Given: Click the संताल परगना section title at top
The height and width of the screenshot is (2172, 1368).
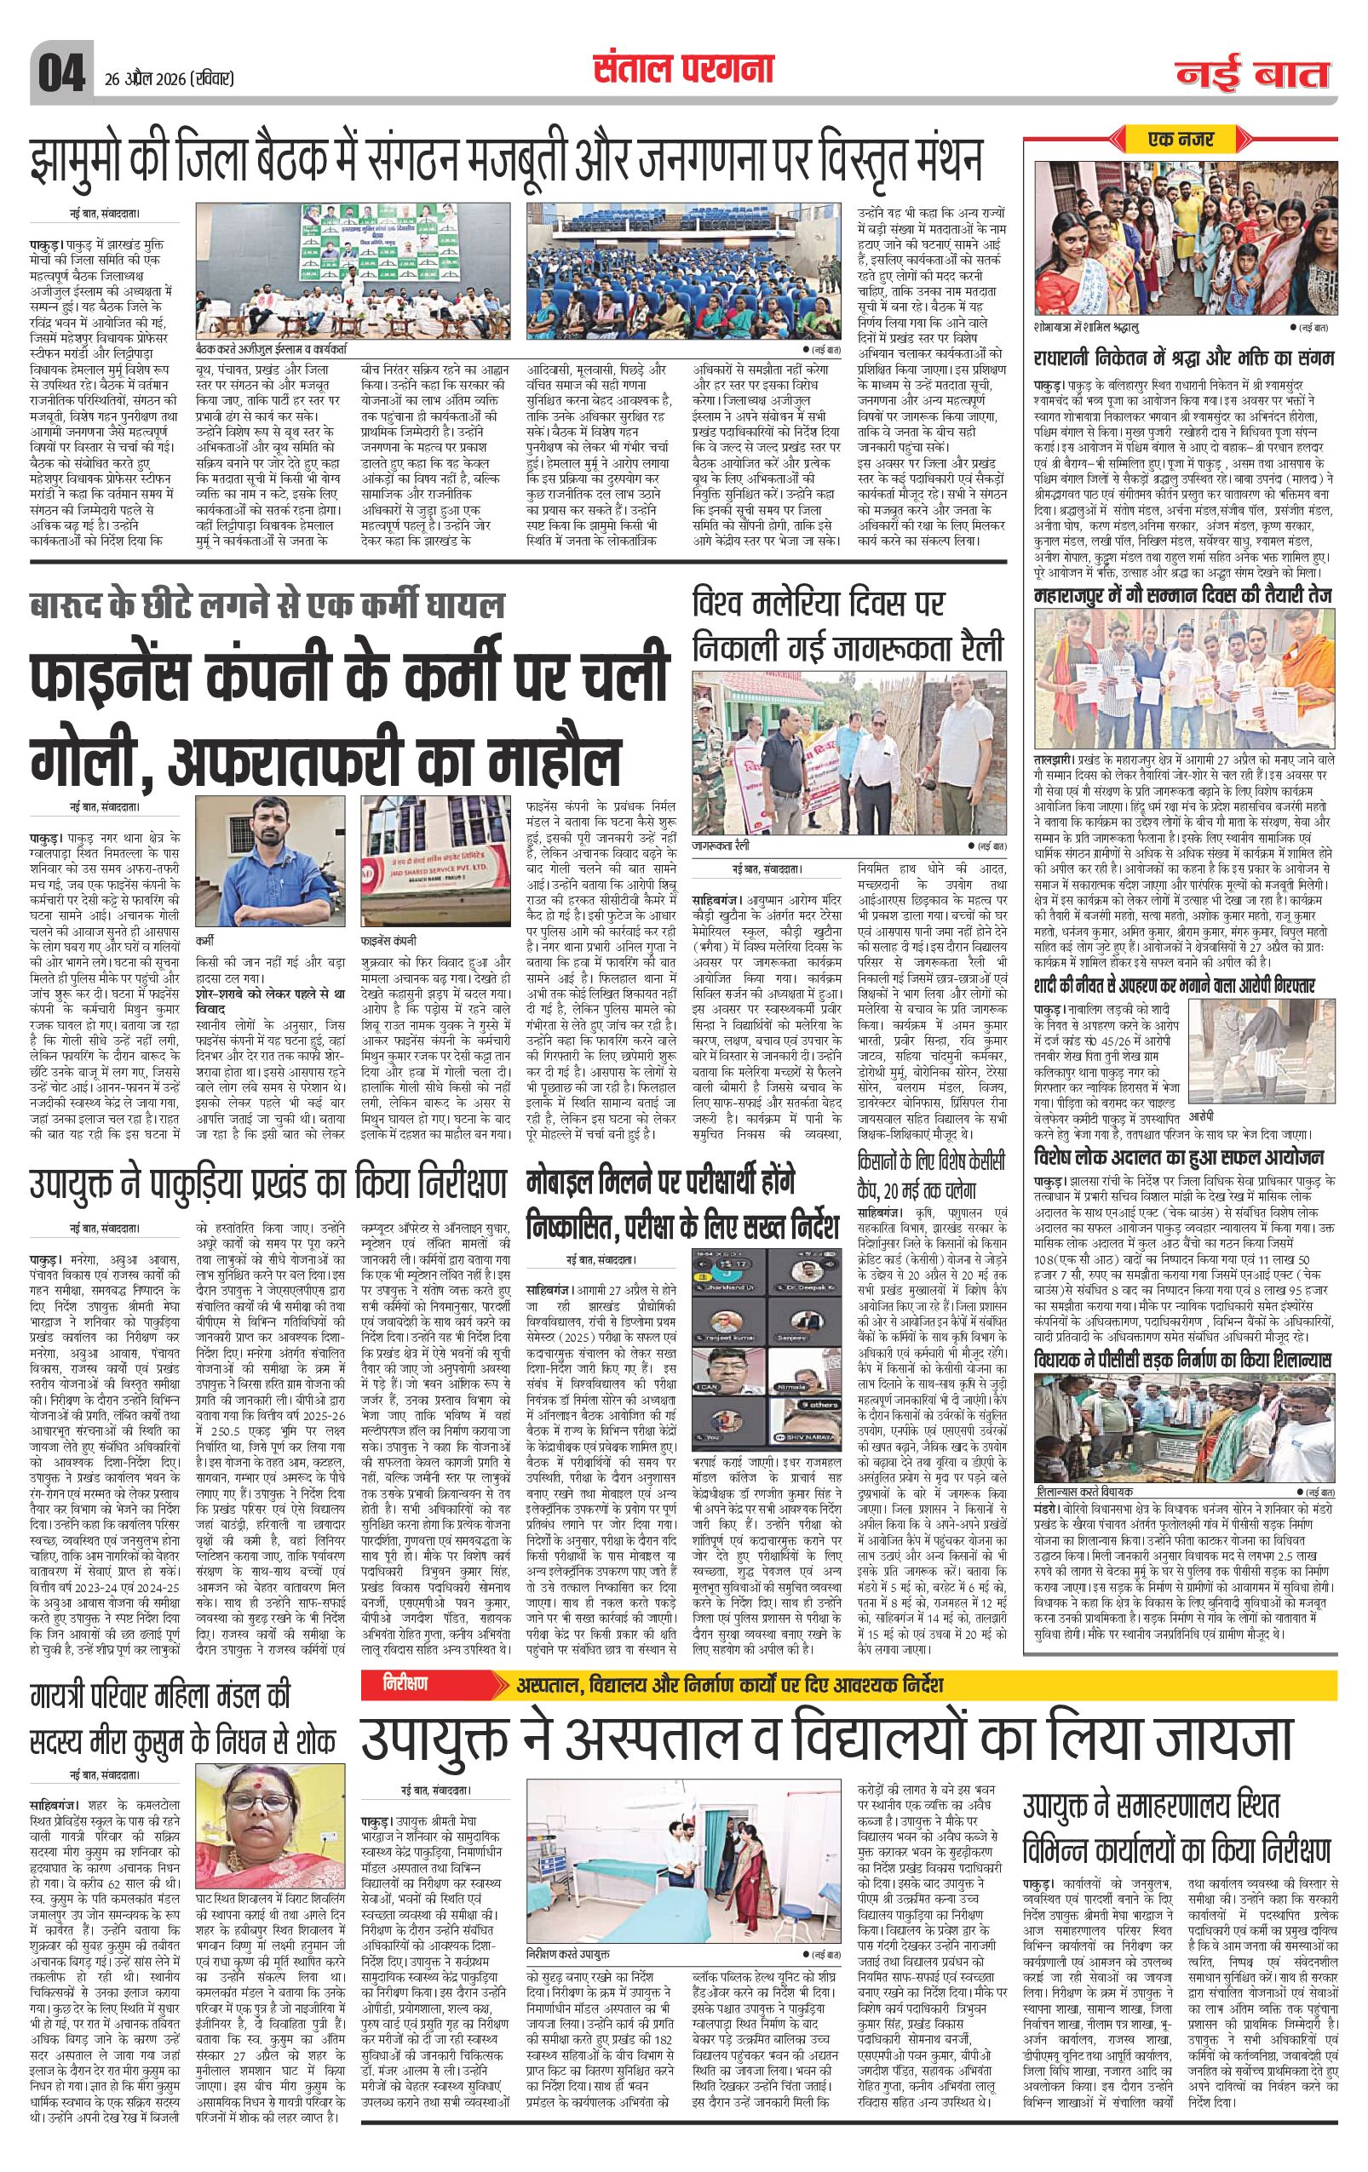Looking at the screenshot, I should (x=683, y=67).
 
